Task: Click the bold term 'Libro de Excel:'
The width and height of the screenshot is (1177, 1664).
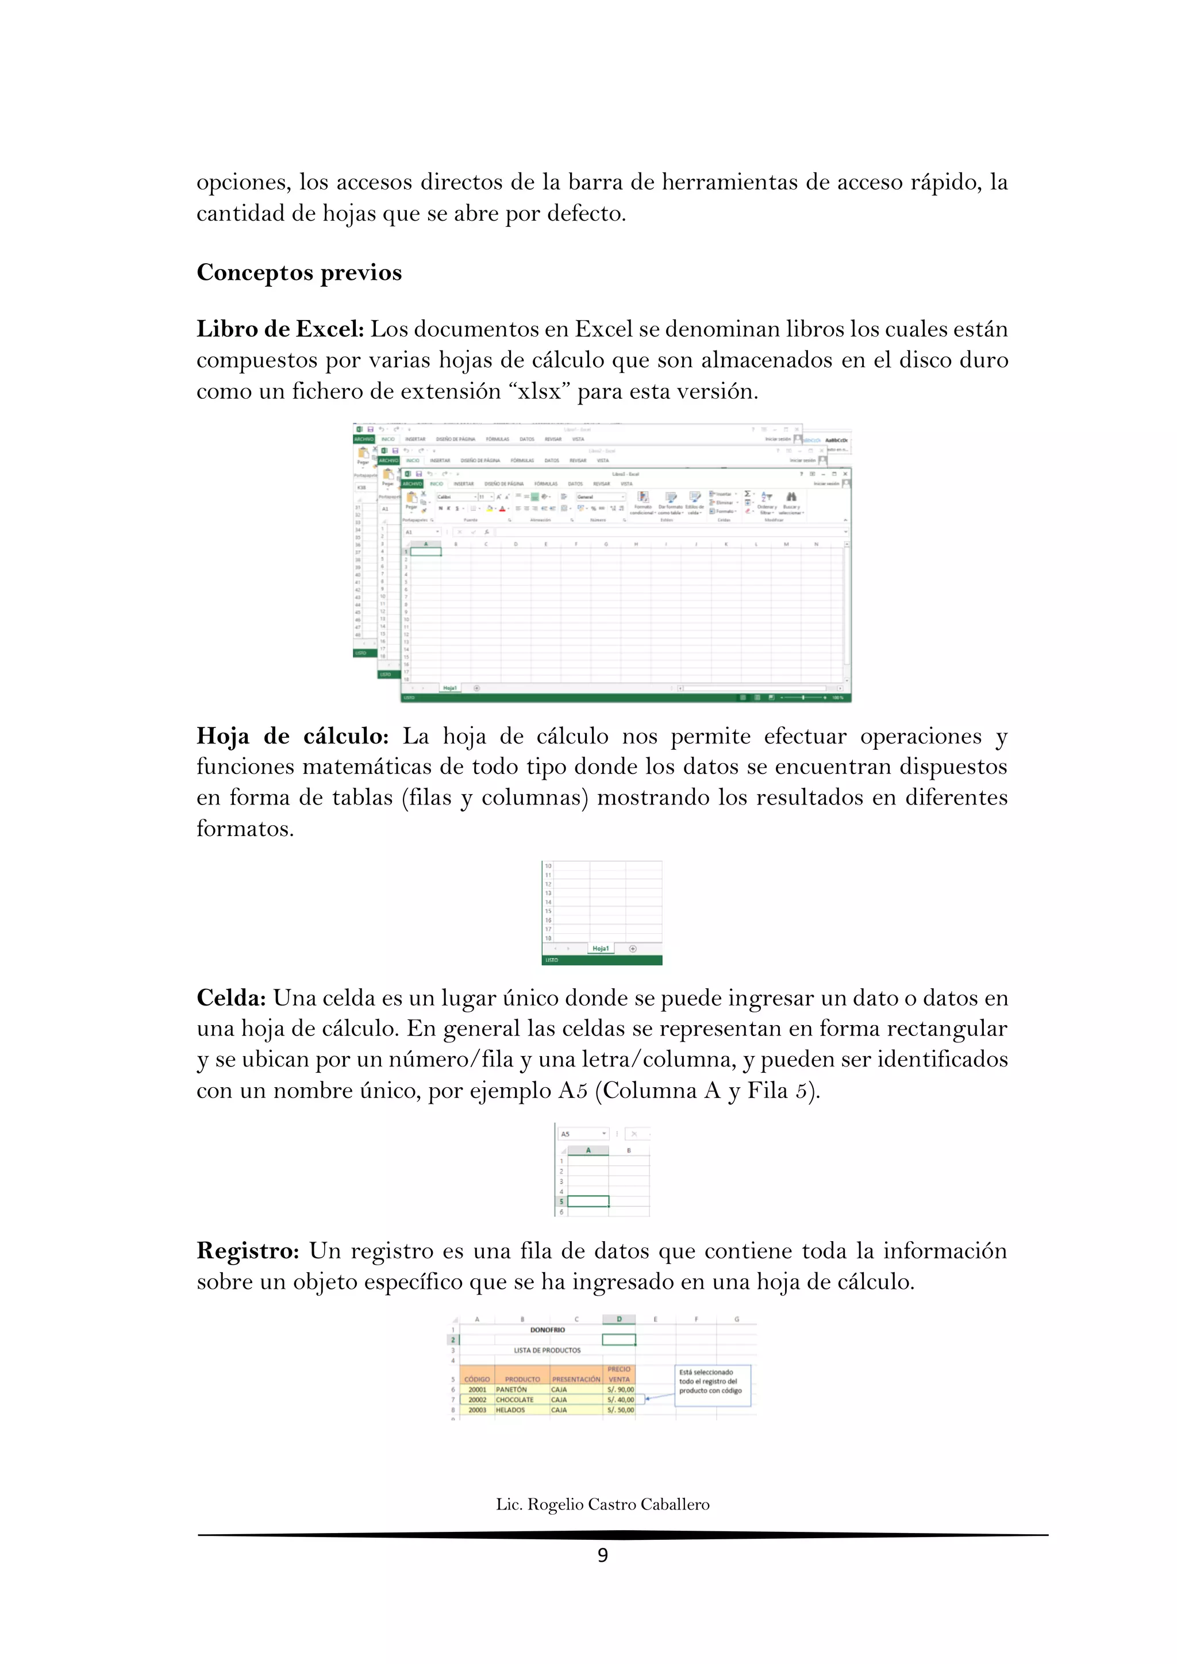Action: [x=280, y=329]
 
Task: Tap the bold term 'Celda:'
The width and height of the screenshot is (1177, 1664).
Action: [x=231, y=998]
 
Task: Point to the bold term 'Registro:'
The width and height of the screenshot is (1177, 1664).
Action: [x=248, y=1251]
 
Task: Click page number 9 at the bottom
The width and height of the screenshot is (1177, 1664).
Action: [x=602, y=1555]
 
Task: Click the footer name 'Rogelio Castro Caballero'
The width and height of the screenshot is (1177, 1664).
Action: [x=618, y=1505]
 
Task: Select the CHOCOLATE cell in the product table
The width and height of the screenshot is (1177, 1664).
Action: [x=514, y=1400]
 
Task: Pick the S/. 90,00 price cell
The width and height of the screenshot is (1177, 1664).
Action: [x=620, y=1389]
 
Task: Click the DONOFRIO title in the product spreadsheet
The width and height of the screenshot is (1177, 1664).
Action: [x=547, y=1330]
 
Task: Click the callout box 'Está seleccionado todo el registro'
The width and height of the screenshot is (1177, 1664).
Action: [x=713, y=1386]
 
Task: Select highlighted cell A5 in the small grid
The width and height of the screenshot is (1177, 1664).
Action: [x=588, y=1201]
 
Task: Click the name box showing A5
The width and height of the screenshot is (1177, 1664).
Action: [x=582, y=1134]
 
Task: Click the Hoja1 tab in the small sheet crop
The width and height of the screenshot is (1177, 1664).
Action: [x=600, y=948]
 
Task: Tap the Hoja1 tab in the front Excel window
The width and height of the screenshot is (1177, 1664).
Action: [x=449, y=688]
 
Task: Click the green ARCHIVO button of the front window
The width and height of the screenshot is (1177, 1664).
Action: [x=413, y=483]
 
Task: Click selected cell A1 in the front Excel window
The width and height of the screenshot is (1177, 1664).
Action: [x=426, y=552]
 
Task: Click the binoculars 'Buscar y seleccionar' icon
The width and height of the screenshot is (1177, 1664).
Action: [x=791, y=496]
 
